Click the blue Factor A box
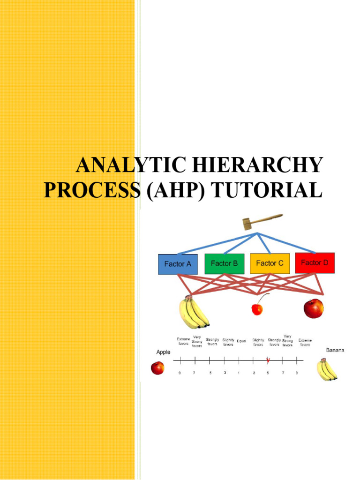(x=178, y=264)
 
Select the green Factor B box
(x=224, y=263)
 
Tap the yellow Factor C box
(x=270, y=263)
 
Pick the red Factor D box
(x=315, y=262)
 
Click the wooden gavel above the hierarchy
(x=262, y=221)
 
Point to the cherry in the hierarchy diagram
(x=257, y=309)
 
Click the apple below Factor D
(x=314, y=308)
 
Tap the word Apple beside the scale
(x=163, y=352)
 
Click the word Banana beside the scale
(x=335, y=350)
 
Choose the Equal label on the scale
(x=241, y=341)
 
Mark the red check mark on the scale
(x=268, y=360)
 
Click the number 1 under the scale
(x=239, y=373)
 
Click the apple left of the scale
(x=157, y=368)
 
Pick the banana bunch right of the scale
(x=327, y=369)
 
